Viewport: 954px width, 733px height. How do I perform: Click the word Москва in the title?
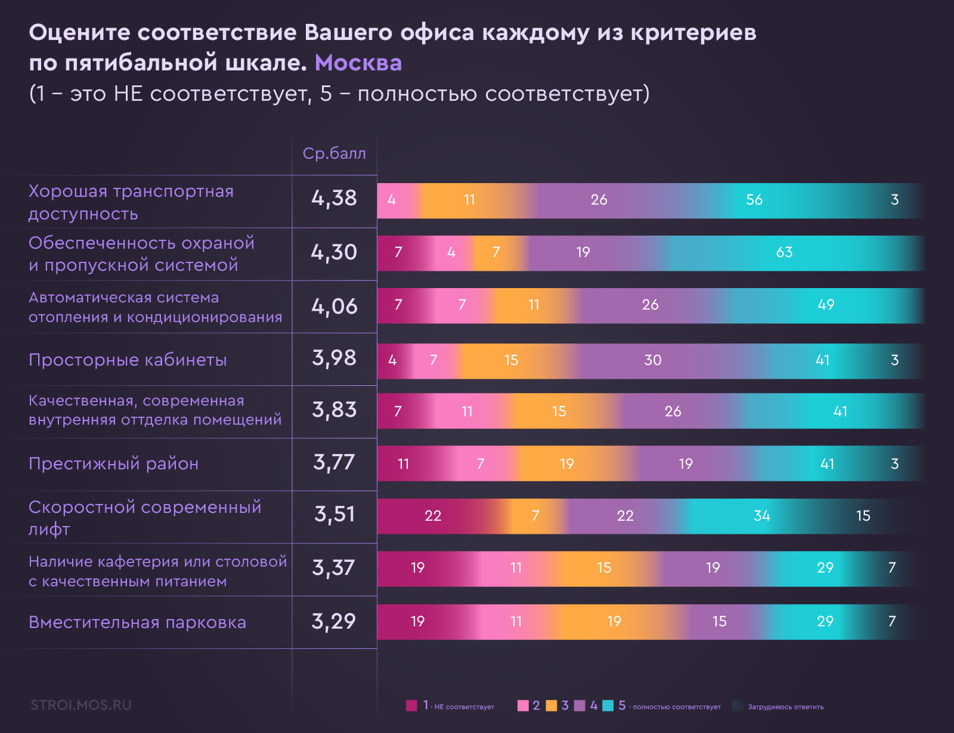point(358,63)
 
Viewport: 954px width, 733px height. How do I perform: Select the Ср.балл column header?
point(334,153)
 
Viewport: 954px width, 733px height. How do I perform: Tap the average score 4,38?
point(334,198)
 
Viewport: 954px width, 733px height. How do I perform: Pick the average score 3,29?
point(334,621)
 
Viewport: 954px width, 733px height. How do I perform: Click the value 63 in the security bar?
point(784,252)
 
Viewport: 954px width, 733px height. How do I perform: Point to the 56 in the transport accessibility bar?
point(754,200)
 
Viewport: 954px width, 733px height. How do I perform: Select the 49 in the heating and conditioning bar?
point(826,305)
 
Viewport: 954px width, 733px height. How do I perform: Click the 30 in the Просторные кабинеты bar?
point(653,360)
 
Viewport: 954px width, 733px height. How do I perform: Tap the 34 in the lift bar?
point(762,516)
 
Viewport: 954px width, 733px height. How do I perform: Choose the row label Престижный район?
point(113,463)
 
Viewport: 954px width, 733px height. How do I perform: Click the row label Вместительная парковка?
point(137,622)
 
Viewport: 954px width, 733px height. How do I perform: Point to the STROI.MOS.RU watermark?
point(81,705)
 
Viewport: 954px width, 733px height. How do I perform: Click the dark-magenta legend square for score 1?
point(411,706)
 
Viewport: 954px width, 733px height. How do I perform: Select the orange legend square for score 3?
point(552,706)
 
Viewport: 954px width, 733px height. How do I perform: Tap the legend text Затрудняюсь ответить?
point(785,707)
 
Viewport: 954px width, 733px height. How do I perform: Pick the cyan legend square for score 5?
point(608,706)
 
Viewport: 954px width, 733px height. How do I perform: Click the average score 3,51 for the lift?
point(334,514)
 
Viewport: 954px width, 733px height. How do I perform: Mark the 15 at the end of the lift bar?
point(863,516)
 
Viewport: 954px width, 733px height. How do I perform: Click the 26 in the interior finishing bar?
point(673,412)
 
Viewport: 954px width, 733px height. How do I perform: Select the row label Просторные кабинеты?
point(128,360)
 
